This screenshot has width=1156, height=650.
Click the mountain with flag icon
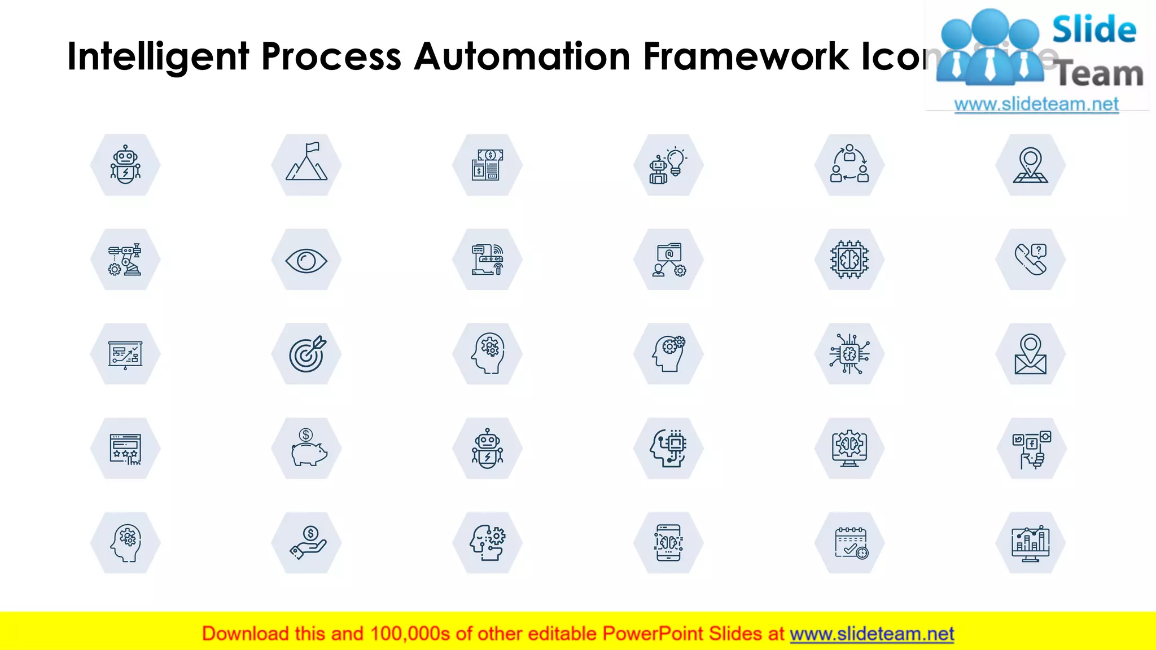pyautogui.click(x=306, y=165)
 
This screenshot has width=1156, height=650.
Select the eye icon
pyautogui.click(x=306, y=260)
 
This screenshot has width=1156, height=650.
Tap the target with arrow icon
pyautogui.click(x=306, y=354)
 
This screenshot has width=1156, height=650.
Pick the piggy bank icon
pyautogui.click(x=306, y=449)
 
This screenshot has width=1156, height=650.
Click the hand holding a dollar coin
pyautogui.click(x=306, y=543)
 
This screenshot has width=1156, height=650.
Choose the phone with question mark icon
pyautogui.click(x=1031, y=260)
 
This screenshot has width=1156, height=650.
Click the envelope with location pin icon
pyautogui.click(x=1031, y=354)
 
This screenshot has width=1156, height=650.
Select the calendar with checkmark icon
pyautogui.click(x=850, y=543)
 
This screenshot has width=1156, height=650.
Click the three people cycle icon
pyautogui.click(x=850, y=165)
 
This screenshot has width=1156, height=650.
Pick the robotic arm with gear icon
pyautogui.click(x=125, y=260)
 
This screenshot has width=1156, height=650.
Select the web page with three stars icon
pyautogui.click(x=125, y=449)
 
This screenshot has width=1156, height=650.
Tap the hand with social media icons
pyautogui.click(x=1031, y=449)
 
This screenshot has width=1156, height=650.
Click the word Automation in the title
pyautogui.click(x=522, y=56)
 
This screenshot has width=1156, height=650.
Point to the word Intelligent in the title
pyautogui.click(x=158, y=56)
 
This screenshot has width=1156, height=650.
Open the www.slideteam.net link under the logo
pyautogui.click(x=1036, y=104)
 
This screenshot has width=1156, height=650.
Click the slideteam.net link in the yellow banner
pyautogui.click(x=872, y=634)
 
